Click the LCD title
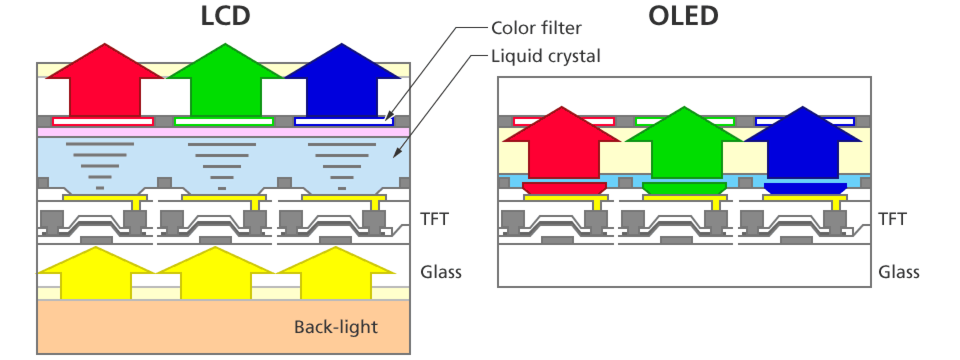click(225, 16)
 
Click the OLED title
click(683, 16)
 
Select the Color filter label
click(536, 28)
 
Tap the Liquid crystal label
click(545, 56)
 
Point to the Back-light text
click(335, 327)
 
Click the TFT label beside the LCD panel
click(434, 219)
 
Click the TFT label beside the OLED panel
click(892, 219)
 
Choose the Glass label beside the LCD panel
click(440, 272)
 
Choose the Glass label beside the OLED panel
click(898, 272)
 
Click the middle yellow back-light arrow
click(215, 275)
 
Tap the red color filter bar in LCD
click(102, 121)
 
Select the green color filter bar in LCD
click(223, 121)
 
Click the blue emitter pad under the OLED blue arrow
click(805, 188)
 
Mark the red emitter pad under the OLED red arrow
click(563, 188)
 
